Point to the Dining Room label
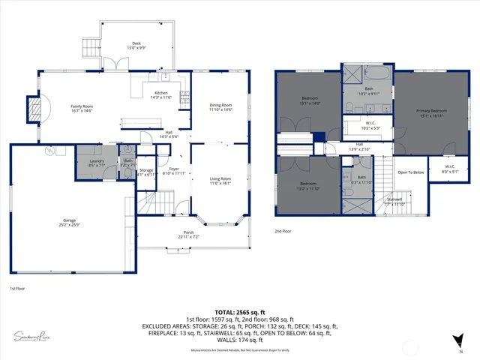tap(220, 106)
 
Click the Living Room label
tap(220, 179)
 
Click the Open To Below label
tap(411, 172)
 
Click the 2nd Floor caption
tap(283, 231)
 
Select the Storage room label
tap(146, 172)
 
